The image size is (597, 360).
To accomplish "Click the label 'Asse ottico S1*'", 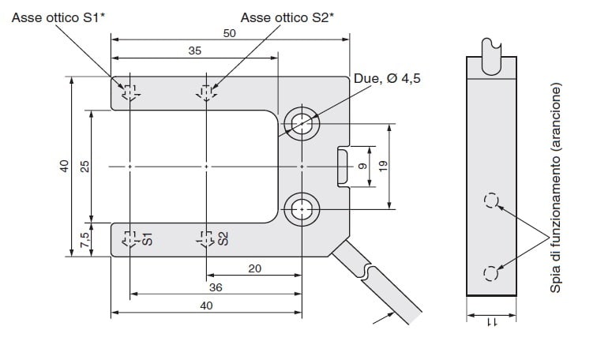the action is pos(58,17).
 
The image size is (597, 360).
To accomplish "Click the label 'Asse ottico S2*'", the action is pos(287,17).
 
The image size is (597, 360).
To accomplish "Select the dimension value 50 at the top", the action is pos(229,33).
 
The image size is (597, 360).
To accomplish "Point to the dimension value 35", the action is pos(194,51).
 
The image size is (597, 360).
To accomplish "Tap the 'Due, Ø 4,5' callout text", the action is pos(387,78).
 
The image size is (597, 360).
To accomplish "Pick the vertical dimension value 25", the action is pos(84,167).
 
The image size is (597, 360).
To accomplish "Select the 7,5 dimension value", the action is pos(84,240).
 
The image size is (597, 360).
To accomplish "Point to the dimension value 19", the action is pos(384,166).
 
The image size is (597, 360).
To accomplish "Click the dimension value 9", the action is pos(362,167).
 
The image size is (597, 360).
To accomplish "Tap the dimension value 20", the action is pos(255,268).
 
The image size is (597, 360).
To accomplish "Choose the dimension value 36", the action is pos(216,287).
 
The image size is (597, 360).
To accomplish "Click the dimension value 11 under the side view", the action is pos(491,322).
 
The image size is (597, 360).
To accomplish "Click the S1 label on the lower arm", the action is pos(148,239).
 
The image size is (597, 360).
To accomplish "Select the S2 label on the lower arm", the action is pos(223,238).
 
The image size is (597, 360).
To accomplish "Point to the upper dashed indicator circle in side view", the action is pos(491,201).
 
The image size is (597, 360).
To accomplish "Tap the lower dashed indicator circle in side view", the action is pos(490,273).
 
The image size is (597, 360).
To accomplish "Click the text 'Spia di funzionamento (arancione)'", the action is pos(555,188).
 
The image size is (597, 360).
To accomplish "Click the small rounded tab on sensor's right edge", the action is pos(343,167).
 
